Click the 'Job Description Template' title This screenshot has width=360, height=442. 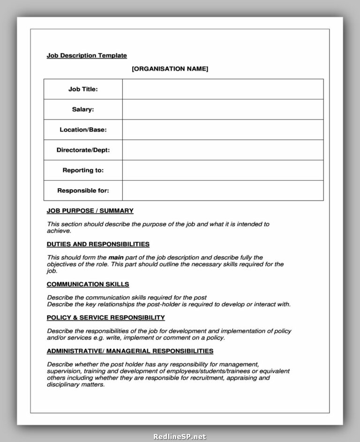(x=87, y=55)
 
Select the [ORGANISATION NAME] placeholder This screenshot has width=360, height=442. (x=170, y=69)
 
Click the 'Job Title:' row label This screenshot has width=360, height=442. (x=83, y=89)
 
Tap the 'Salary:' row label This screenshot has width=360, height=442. (x=83, y=109)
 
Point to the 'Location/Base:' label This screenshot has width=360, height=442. (x=83, y=130)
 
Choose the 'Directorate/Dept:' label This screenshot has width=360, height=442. (x=83, y=150)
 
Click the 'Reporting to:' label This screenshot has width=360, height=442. (x=83, y=170)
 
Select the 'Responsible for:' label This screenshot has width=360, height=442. (x=83, y=191)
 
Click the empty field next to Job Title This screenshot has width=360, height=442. (x=223, y=89)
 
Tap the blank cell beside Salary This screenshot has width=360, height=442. (x=223, y=109)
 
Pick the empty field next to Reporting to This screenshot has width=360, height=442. (x=223, y=170)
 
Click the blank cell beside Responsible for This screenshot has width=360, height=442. (x=223, y=191)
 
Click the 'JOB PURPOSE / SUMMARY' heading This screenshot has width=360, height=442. (x=90, y=211)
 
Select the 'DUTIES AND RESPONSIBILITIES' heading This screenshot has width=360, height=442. (x=98, y=244)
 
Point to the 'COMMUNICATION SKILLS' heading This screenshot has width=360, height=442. (x=88, y=284)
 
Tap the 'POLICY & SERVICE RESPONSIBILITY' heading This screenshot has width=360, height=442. (x=105, y=318)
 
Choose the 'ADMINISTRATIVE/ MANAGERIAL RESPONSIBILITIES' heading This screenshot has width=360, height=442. (x=130, y=351)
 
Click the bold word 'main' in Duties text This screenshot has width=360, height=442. (x=116, y=258)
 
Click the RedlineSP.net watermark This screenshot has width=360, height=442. (x=180, y=437)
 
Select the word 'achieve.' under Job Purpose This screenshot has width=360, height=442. (x=59, y=231)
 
